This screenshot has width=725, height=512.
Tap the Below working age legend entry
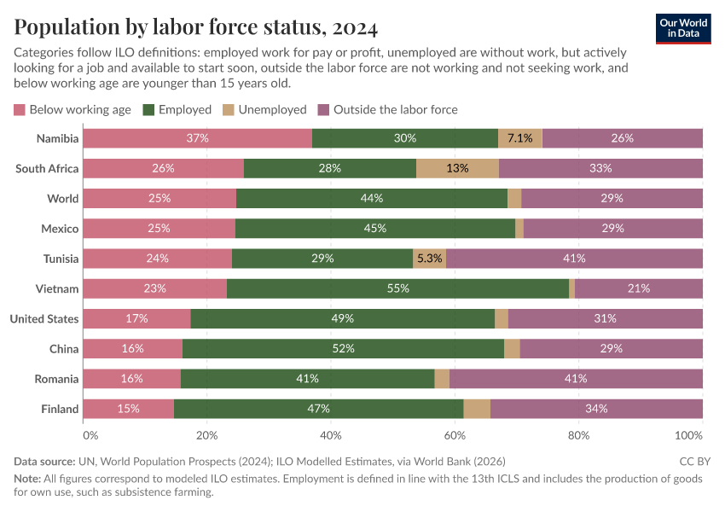[x=72, y=110]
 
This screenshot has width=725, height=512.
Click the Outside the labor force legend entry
[x=387, y=110]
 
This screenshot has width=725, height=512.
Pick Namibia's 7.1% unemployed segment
[x=520, y=138]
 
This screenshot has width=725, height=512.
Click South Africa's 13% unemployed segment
[x=457, y=168]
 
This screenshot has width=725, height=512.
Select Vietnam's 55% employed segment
[x=397, y=288]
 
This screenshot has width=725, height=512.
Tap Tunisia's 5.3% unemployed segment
[x=429, y=259]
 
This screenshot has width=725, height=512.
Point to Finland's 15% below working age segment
[x=128, y=409]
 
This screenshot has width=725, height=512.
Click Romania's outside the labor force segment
[x=576, y=379]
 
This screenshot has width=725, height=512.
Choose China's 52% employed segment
[x=343, y=349]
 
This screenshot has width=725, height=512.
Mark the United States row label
[x=43, y=319]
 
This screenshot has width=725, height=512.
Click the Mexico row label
[x=60, y=229]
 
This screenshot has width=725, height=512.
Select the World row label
[x=63, y=199]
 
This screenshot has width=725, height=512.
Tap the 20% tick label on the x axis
[x=207, y=435]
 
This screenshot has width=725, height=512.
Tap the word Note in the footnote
[x=26, y=479]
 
